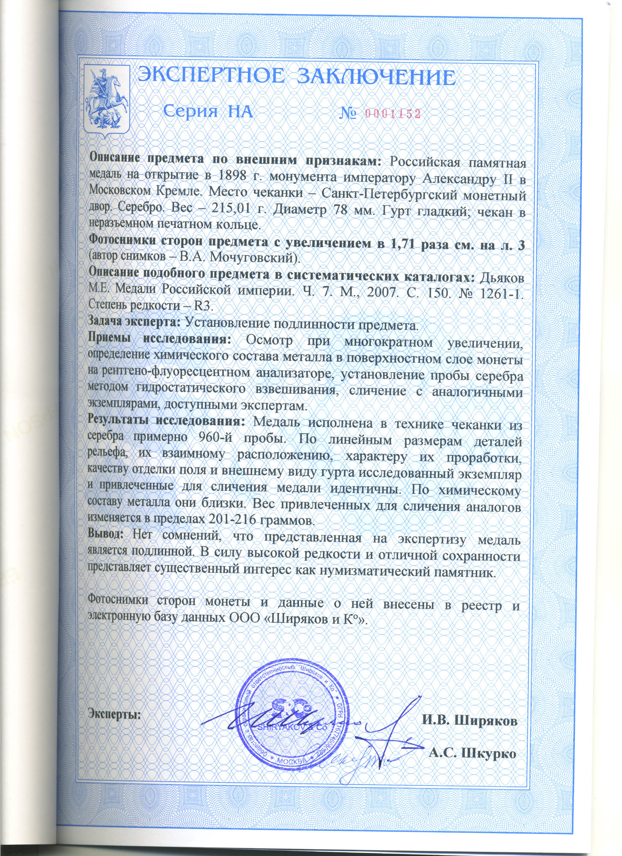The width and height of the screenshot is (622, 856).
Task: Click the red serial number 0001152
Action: point(392,113)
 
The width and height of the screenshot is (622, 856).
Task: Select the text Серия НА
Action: point(208,112)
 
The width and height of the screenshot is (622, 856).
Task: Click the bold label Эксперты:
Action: point(115,713)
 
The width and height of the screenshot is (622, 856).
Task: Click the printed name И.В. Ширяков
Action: point(470,720)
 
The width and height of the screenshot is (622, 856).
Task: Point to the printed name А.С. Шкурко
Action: point(472,753)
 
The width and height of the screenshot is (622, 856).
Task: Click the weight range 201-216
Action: point(232,520)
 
